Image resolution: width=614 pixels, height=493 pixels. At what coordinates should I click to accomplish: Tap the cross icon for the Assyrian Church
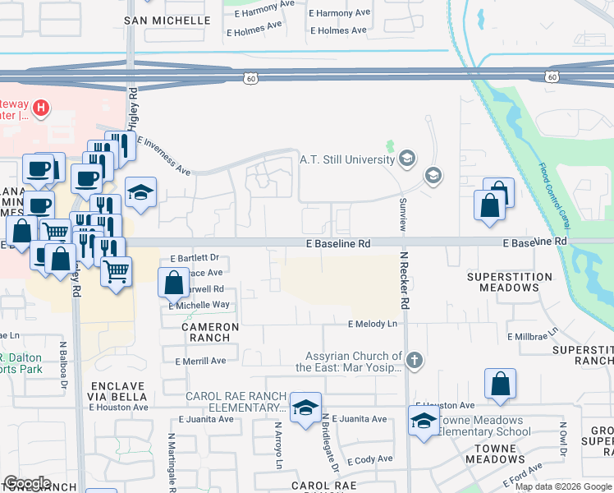point(415,359)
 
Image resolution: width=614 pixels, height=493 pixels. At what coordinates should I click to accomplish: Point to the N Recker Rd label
point(405,279)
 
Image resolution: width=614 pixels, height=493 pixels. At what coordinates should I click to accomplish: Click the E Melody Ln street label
point(372,324)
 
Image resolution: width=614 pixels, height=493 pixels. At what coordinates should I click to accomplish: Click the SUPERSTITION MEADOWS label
point(509,283)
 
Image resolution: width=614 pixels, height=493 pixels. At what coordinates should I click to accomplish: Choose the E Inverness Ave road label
point(163,155)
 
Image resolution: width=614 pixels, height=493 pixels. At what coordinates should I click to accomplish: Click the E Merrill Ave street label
point(200,361)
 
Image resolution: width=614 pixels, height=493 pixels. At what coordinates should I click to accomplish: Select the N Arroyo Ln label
point(278,445)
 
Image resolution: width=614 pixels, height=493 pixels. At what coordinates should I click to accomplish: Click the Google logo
point(27,483)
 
